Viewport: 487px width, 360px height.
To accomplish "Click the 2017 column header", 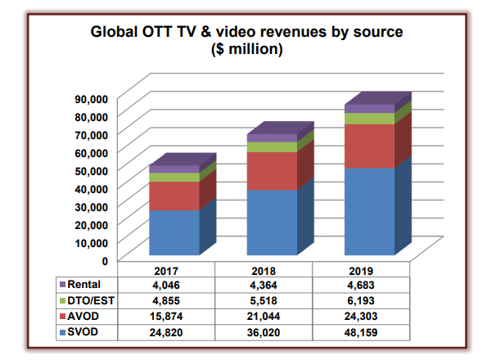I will click(174, 269).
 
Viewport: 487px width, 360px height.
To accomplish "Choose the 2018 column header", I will click(272, 269).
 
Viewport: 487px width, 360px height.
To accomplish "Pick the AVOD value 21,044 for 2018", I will click(272, 316).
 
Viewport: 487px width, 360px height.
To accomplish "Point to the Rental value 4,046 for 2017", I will click(174, 284).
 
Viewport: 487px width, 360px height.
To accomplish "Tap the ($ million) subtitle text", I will click(243, 50).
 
